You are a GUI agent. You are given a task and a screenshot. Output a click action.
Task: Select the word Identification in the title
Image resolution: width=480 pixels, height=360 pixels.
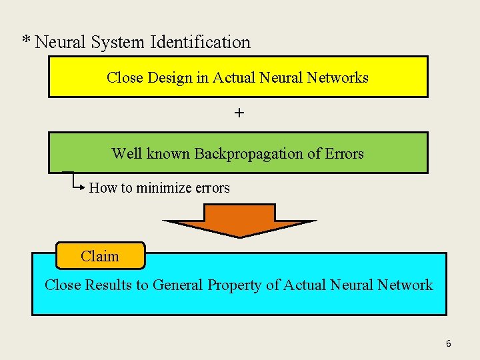(201, 42)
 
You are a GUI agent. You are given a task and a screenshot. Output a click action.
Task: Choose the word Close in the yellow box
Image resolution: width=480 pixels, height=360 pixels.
(125, 78)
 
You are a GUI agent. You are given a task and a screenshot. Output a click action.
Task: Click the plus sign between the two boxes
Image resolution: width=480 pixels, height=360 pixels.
(239, 113)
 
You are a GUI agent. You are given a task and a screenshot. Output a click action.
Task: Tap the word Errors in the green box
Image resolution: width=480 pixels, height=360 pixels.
(344, 154)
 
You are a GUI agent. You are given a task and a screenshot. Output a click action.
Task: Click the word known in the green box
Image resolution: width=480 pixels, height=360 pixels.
(167, 154)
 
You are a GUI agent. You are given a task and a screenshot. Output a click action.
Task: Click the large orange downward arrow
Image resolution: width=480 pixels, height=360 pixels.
(239, 221)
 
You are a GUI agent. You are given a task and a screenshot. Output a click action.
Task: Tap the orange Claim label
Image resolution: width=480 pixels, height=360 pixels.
(100, 256)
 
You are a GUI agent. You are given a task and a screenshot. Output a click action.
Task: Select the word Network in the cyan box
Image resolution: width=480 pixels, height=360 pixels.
(405, 285)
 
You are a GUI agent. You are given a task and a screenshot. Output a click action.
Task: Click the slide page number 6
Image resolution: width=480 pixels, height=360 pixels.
(448, 344)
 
